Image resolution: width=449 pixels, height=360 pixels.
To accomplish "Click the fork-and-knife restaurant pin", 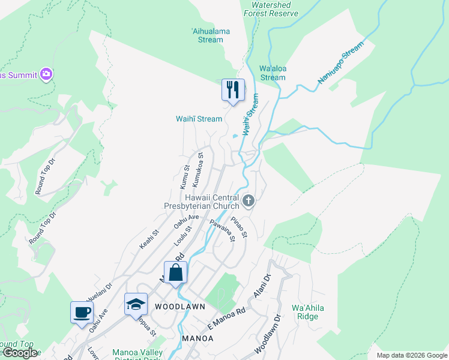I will click(233, 90).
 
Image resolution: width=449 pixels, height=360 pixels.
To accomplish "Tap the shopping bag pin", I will click(175, 272).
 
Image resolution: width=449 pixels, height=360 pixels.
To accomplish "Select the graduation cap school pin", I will click(136, 304).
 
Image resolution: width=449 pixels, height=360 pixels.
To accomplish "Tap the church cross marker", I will click(249, 200).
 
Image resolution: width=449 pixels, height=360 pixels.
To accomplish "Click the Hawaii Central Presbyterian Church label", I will click(203, 202).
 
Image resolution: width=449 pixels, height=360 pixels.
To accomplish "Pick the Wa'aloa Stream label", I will click(273, 73).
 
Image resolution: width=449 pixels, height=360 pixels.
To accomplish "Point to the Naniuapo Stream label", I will click(340, 62).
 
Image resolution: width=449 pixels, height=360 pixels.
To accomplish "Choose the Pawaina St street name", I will click(221, 231).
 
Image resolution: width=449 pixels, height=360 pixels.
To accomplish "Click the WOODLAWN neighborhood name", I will click(179, 306).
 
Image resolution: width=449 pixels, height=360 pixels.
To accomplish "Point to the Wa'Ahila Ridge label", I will click(305, 312).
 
